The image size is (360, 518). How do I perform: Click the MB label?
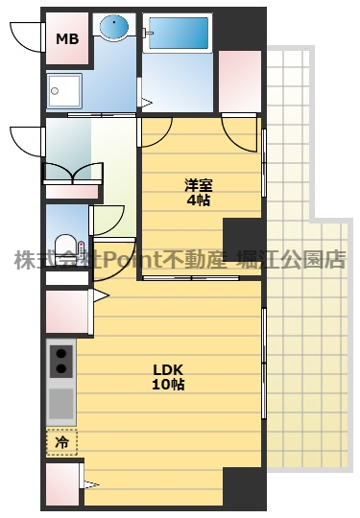coord(67,39)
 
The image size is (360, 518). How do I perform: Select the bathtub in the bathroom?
coord(179,35)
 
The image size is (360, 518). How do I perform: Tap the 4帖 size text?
coord(198,200)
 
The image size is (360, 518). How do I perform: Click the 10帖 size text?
coord(167,385)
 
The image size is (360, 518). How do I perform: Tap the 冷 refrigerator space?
coord(61,442)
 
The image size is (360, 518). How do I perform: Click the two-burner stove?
coord(61,361)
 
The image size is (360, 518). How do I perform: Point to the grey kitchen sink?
coord(61,399)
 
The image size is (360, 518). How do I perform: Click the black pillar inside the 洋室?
coord(242,236)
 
